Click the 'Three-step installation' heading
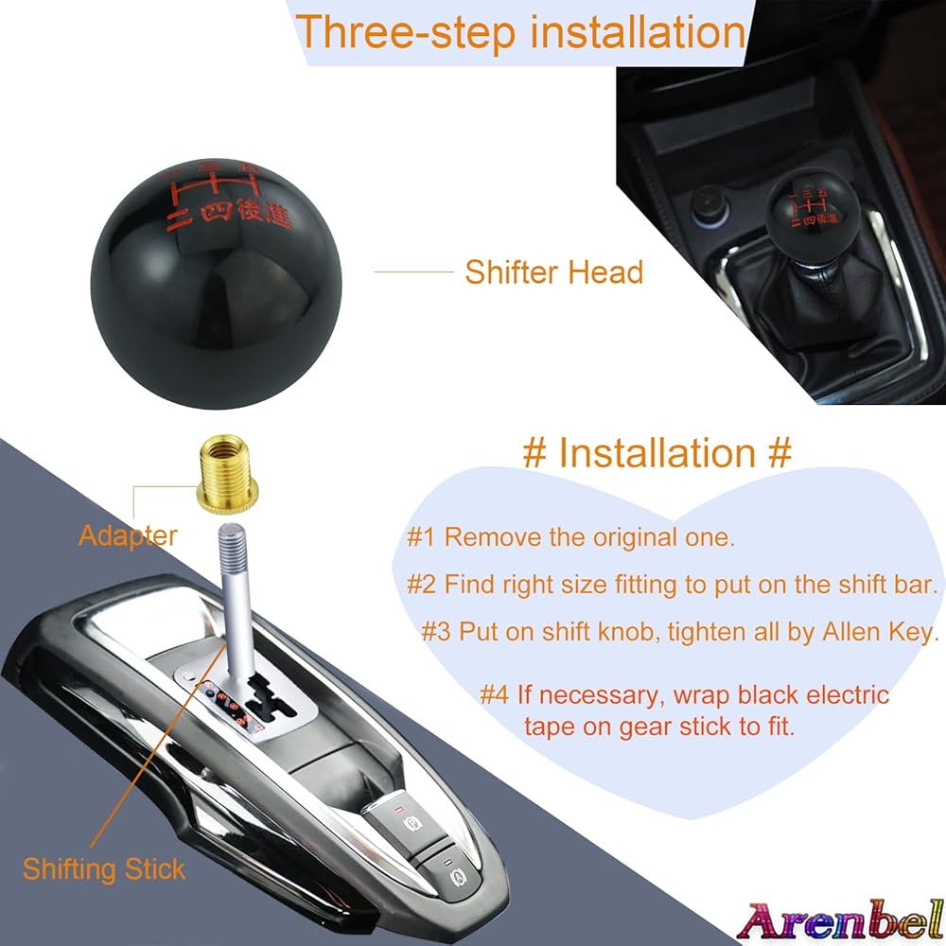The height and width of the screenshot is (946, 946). pyautogui.click(x=520, y=32)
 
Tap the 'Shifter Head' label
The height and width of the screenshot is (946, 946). pyautogui.click(x=553, y=272)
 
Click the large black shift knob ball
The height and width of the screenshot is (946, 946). pyautogui.click(x=216, y=285)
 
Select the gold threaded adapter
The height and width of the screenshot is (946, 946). pyautogui.click(x=229, y=474)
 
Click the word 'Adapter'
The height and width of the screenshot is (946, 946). pyautogui.click(x=128, y=535)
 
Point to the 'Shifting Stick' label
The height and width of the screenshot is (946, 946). pyautogui.click(x=104, y=869)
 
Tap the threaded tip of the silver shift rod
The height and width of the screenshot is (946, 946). pyautogui.click(x=233, y=540)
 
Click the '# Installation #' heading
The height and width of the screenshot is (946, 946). pyautogui.click(x=657, y=452)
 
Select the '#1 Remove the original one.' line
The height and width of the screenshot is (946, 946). pyautogui.click(x=570, y=537)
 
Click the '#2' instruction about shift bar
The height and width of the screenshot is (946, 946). pyautogui.click(x=673, y=584)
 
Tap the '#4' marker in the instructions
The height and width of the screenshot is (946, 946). pyautogui.click(x=495, y=694)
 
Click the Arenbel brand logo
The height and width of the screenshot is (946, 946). pyautogui.click(x=840, y=920)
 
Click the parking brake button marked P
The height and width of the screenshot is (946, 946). pyautogui.click(x=410, y=822)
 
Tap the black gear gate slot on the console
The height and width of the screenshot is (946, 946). pyautogui.click(x=270, y=700)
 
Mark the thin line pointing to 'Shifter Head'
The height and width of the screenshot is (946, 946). pyautogui.click(x=414, y=272)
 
